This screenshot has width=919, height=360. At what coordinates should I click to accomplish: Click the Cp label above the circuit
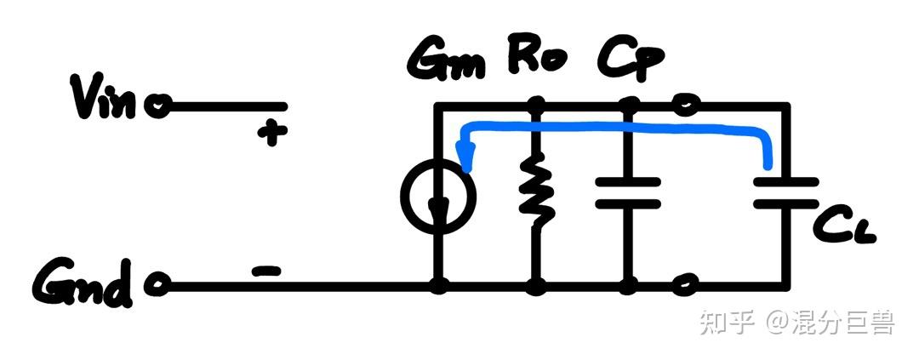click(631, 59)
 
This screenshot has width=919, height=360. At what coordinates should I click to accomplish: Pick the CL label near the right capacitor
click(843, 223)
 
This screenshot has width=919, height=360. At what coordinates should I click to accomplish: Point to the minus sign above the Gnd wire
click(266, 271)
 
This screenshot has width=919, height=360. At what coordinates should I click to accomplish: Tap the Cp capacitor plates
click(628, 192)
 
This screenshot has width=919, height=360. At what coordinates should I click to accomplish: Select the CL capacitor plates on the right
click(786, 193)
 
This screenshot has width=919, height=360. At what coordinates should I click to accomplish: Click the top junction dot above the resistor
click(536, 106)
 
